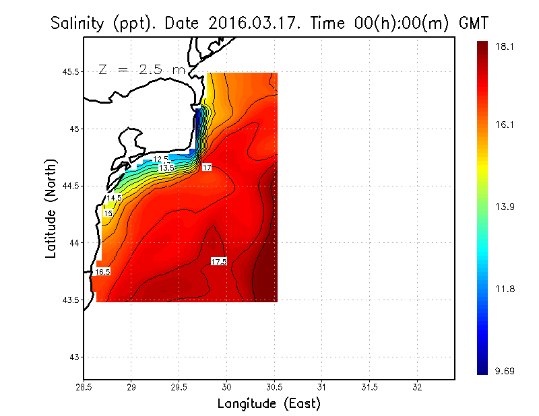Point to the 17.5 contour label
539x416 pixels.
point(218,261)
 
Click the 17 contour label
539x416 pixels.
point(207,166)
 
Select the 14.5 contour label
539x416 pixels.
point(114,198)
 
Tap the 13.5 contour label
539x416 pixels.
point(166,167)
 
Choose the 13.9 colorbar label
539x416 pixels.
point(505,207)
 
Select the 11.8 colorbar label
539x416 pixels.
point(505,289)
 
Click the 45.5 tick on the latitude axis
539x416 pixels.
point(69,72)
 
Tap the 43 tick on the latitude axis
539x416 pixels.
point(74,357)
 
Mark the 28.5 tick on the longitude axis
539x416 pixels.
point(84,387)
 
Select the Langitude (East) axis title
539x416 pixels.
point(269,403)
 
